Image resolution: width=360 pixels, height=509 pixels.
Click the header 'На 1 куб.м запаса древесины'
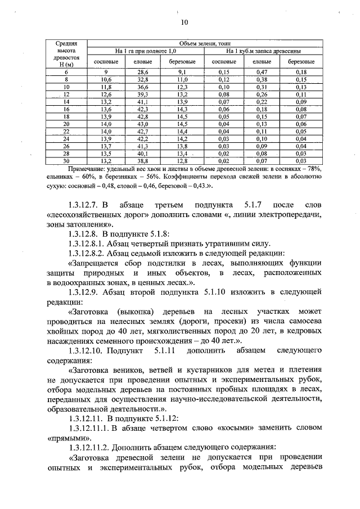263,51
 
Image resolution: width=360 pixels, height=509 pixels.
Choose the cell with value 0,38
262,80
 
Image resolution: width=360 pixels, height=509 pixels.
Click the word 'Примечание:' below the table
87,169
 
